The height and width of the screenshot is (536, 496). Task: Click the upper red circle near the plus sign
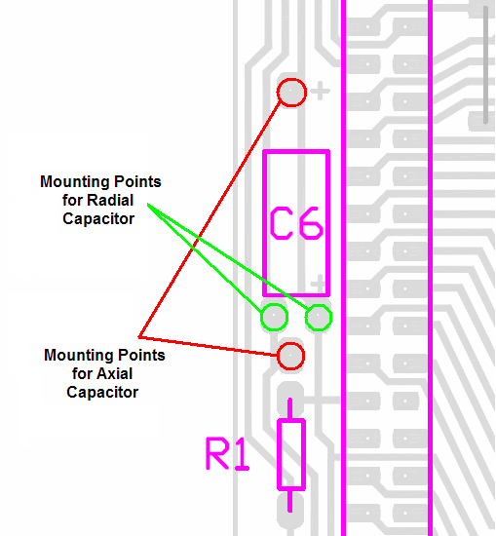[x=291, y=79]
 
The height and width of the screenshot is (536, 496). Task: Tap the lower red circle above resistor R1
[x=290, y=343]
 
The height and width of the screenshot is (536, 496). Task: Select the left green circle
[x=274, y=304]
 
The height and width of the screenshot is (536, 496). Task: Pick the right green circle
[x=319, y=304]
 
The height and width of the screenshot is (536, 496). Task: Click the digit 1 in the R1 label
[x=243, y=454]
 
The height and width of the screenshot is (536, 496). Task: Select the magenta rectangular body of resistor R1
[x=279, y=454]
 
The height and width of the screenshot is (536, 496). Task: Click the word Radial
[x=110, y=200]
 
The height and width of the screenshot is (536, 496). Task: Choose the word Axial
[x=115, y=373]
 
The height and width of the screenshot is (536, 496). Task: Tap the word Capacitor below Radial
[x=98, y=218]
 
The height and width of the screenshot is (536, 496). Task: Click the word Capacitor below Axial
[x=102, y=392]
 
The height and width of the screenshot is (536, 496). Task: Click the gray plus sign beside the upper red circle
[x=321, y=91]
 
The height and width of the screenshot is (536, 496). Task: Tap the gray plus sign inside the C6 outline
[x=319, y=284]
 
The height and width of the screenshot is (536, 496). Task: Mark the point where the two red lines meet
[x=139, y=337]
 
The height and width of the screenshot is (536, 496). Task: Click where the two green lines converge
[x=148, y=204]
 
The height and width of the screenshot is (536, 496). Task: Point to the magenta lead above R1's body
[x=289, y=408]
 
